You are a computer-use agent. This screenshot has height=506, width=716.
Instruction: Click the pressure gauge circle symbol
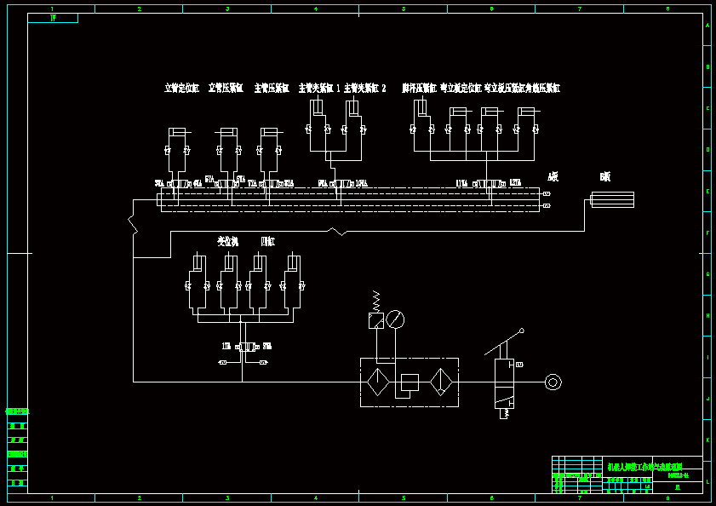[395, 319]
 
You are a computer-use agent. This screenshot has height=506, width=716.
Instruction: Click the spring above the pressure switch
[375, 300]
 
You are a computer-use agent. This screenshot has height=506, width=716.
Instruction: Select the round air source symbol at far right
[553, 382]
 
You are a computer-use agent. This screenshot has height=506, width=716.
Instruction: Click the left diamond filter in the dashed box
[377, 382]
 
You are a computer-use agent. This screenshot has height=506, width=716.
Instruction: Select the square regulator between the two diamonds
[410, 382]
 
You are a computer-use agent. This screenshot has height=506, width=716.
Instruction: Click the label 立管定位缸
[181, 88]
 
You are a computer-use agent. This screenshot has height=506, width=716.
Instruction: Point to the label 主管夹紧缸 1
[318, 88]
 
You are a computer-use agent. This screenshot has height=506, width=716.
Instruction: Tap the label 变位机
[227, 242]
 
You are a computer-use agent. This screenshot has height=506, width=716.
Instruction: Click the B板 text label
[605, 177]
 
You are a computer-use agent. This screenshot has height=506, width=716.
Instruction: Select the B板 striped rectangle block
[612, 199]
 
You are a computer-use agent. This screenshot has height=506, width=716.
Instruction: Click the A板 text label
[553, 177]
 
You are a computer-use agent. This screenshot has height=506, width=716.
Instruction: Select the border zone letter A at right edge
[707, 25]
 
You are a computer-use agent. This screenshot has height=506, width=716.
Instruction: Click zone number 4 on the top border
[316, 9]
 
